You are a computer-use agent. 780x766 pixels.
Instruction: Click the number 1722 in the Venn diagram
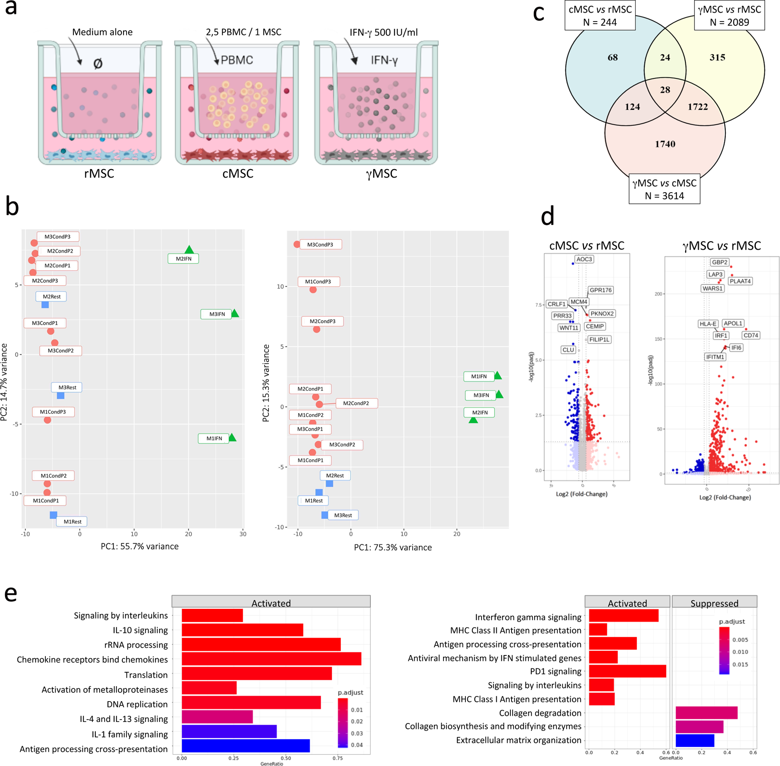(698, 107)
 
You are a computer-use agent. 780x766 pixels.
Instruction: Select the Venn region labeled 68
(612, 57)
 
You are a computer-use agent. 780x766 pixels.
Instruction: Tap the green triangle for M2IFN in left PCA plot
(189, 250)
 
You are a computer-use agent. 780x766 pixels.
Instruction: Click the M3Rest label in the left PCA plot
(67, 387)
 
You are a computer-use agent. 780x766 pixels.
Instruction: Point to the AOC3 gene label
(584, 259)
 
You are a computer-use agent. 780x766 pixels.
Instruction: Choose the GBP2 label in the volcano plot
(720, 262)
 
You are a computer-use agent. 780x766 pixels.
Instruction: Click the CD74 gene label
(751, 335)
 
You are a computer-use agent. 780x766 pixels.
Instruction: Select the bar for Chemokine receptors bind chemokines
(271, 659)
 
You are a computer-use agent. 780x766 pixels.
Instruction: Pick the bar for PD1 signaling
(627, 671)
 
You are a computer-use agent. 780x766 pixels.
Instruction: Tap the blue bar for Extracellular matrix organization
(695, 740)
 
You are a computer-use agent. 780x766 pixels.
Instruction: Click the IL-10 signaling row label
(140, 630)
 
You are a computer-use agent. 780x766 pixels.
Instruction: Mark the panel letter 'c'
(538, 13)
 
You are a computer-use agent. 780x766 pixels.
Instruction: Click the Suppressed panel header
(714, 603)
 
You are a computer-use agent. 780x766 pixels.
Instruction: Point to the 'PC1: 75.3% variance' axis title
(393, 547)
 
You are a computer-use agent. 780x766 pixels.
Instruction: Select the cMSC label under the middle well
(238, 173)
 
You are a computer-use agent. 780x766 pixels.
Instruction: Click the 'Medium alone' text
(102, 32)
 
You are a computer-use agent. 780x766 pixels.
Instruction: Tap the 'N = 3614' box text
(664, 196)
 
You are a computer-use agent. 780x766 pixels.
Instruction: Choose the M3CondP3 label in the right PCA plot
(320, 245)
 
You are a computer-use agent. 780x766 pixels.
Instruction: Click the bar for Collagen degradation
(707, 713)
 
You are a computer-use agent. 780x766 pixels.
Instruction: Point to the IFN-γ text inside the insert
(384, 60)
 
